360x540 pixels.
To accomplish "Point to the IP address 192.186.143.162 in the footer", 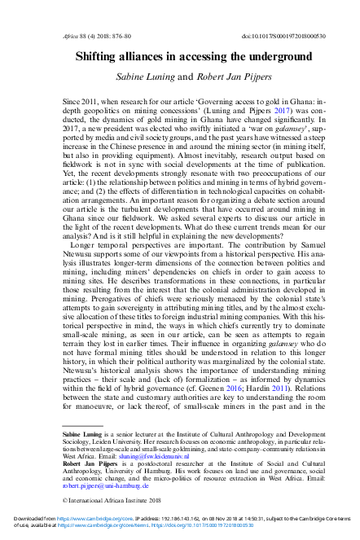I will [x=169, y=528].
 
